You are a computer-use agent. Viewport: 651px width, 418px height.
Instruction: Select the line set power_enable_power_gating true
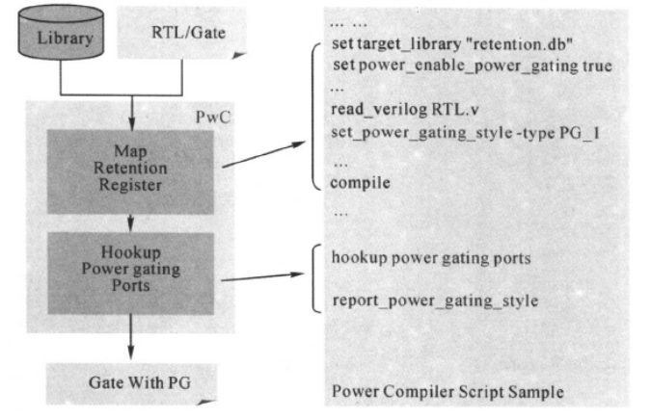[473, 65]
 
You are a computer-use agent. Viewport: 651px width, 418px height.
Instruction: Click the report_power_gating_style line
[434, 300]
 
